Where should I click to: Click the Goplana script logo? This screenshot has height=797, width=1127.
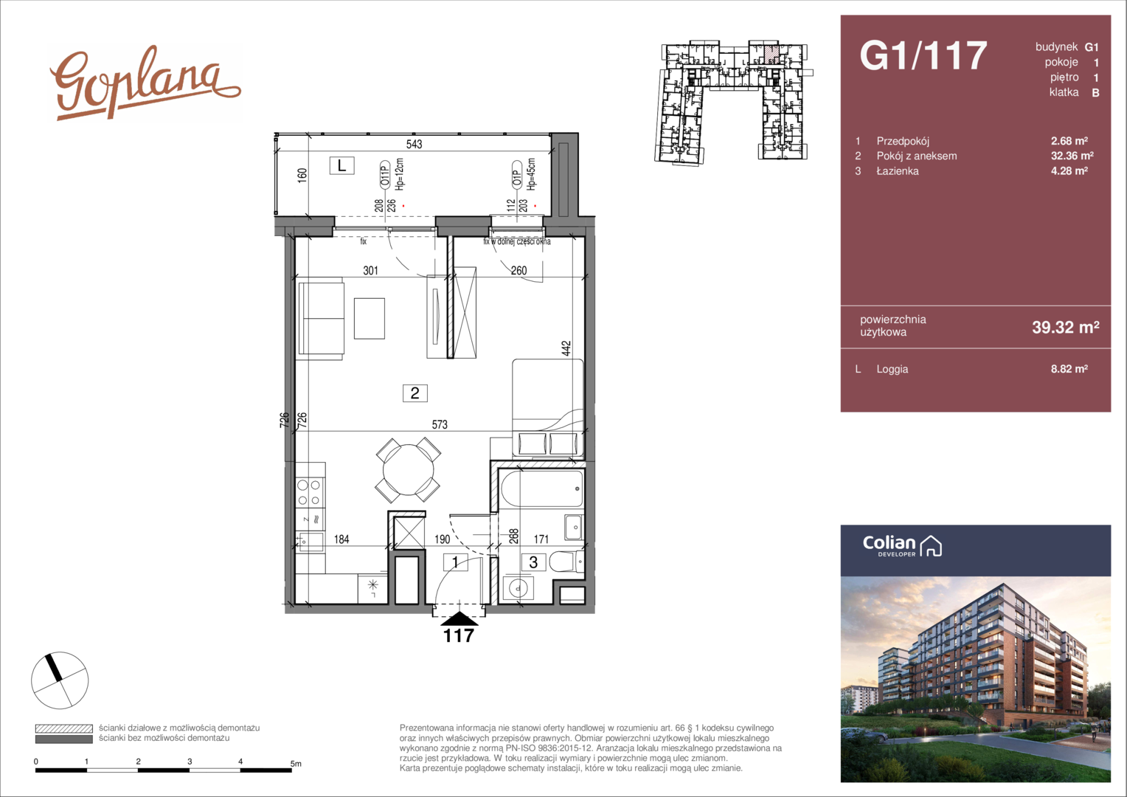click(x=145, y=83)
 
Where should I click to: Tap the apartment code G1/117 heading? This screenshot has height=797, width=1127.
click(x=923, y=55)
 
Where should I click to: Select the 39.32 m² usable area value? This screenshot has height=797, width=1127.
click(x=1066, y=327)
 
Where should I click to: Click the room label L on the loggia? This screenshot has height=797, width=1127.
click(x=341, y=165)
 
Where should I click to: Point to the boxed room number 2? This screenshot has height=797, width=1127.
click(x=415, y=393)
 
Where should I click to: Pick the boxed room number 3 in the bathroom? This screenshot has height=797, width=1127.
click(x=533, y=562)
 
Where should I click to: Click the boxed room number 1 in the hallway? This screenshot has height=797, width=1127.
click(x=455, y=562)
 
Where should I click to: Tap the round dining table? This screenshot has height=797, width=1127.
click(x=408, y=470)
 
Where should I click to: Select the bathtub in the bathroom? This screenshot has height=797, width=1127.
click(x=542, y=489)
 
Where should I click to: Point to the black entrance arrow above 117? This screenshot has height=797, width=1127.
click(x=459, y=618)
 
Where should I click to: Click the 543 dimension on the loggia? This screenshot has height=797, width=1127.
click(x=414, y=145)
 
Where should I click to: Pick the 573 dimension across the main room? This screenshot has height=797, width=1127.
click(x=440, y=425)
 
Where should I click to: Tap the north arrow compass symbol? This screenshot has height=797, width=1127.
click(x=60, y=680)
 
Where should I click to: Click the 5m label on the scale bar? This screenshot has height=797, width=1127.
click(x=296, y=764)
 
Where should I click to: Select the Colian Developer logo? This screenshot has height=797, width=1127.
click(x=902, y=546)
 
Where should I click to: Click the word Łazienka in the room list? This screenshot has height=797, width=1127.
click(x=898, y=171)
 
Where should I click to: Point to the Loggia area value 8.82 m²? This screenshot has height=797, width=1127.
click(x=1069, y=368)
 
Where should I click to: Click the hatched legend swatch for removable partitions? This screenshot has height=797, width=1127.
click(x=64, y=728)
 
